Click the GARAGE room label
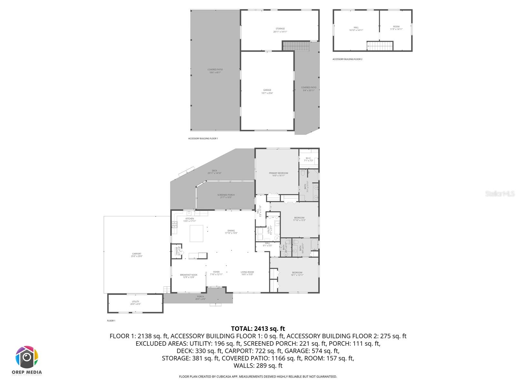coord(267,90)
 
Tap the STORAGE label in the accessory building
coord(280,29)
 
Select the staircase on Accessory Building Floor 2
coord(380,46)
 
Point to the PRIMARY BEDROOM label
coord(278,173)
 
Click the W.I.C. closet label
coord(308,158)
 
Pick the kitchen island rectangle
coord(196,233)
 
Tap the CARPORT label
coord(136,254)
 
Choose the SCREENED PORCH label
coord(226,195)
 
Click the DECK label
coord(214,171)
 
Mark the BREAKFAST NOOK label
coord(189,275)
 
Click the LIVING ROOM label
coord(247,272)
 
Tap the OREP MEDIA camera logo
coord(27,357)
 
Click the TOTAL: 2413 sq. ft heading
coord(258,329)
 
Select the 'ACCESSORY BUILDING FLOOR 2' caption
coord(347,59)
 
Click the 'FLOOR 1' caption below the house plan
coord(111,321)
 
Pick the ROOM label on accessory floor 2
coord(396,27)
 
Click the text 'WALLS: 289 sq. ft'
coord(258,366)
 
